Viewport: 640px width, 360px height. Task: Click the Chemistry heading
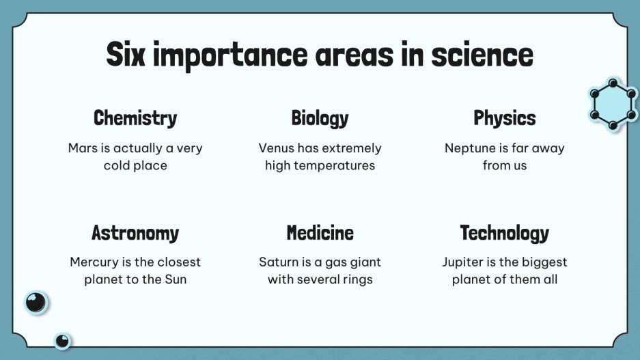pos(135,118)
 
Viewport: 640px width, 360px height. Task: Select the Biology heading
pos(320,118)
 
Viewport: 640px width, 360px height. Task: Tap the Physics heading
pos(505,118)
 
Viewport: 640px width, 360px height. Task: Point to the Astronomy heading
pos(135,233)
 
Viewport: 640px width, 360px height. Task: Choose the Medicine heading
pos(320,233)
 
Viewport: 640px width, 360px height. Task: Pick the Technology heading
pos(505,233)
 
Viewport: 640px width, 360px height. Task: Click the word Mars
pos(83,148)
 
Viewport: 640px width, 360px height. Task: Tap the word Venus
pos(276,148)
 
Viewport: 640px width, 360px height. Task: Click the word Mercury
pos(94,262)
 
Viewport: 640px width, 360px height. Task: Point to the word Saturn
pos(277,262)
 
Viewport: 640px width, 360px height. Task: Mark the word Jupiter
pos(464,262)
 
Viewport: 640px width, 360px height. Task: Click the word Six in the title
pos(126,55)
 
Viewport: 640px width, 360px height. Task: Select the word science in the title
pos(482,55)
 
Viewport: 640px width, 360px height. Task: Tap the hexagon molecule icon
pos(613,105)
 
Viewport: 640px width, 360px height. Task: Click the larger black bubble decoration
pos(36,301)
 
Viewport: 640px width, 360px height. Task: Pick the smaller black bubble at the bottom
pos(62,340)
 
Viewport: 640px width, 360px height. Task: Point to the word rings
pos(357,279)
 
